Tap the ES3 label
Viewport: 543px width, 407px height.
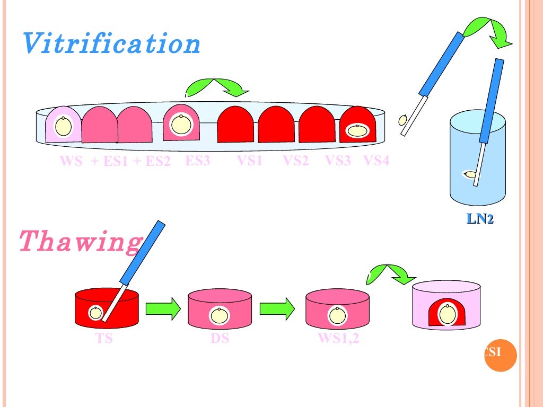(197, 161)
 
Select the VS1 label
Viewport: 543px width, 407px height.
(249, 161)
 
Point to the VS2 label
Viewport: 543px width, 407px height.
(295, 161)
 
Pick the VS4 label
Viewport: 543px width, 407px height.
(376, 161)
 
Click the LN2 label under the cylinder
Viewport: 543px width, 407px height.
(479, 219)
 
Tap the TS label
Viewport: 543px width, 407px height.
(104, 338)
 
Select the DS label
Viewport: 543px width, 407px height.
(220, 338)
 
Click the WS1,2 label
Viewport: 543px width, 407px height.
(338, 338)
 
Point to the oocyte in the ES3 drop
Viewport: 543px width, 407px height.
(180, 126)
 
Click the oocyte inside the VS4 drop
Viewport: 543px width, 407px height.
(357, 130)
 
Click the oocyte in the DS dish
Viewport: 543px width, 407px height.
(219, 315)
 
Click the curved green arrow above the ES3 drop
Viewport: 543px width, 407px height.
(216, 87)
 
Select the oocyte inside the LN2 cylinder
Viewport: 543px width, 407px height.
(469, 174)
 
